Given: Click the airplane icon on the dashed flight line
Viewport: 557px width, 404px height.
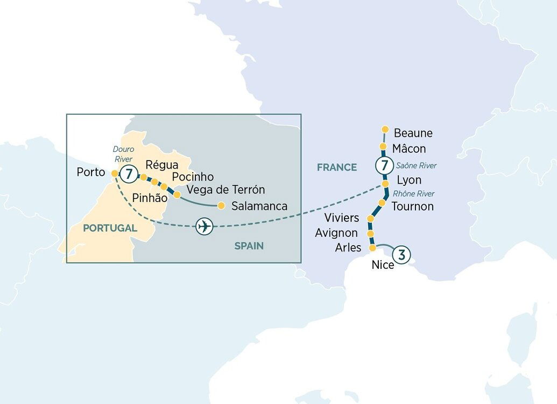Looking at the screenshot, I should click(x=203, y=227).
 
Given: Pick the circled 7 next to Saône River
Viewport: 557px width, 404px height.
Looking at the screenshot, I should click(x=384, y=164).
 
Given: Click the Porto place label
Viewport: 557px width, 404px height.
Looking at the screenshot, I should click(x=91, y=174).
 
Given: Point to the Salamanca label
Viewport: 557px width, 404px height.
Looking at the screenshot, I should click(x=259, y=206).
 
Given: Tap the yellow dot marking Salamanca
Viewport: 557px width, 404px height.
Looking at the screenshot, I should click(x=221, y=205).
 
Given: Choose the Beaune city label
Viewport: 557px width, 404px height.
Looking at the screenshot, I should click(x=413, y=133).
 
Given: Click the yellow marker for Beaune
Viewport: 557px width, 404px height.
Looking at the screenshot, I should click(x=385, y=129).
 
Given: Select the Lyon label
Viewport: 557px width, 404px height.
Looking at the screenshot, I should click(x=408, y=180).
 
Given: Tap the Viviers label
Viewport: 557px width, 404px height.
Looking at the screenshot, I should click(x=342, y=218).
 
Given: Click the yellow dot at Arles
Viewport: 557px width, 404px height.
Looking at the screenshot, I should click(x=372, y=248).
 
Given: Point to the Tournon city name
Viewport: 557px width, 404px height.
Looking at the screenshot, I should click(x=412, y=206).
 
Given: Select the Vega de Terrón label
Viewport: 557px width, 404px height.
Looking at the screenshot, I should click(x=226, y=190).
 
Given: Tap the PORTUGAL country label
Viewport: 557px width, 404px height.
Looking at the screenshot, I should click(x=110, y=228).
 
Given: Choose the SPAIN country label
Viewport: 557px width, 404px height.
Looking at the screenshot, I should click(x=249, y=246).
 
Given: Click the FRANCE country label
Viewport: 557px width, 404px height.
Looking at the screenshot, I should click(x=337, y=167).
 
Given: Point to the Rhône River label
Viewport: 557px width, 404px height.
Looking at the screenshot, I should click(x=413, y=193).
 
